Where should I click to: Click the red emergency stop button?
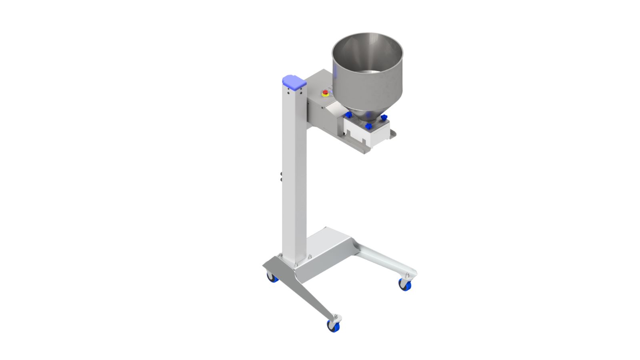tap(326, 93)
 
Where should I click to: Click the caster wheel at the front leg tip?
tap(333, 326)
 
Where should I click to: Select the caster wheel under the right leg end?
tap(405, 285)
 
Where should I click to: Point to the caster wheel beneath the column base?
tap(272, 277)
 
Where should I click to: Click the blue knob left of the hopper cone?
tap(348, 115)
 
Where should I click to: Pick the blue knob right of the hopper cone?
tap(384, 118)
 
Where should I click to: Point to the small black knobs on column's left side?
tap(281, 177)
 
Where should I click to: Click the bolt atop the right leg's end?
tap(407, 275)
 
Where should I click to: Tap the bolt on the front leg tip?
tap(336, 317)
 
